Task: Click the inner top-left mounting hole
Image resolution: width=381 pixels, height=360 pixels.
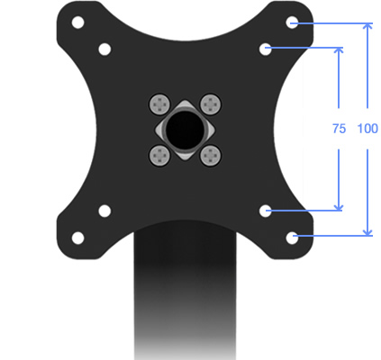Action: point(104,49)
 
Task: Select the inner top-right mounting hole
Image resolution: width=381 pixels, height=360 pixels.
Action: point(266,49)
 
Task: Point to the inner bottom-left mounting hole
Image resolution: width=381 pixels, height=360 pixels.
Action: point(104,211)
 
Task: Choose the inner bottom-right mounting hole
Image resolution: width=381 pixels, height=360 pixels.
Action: point(266,211)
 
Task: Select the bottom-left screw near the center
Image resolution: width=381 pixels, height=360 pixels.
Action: point(160,155)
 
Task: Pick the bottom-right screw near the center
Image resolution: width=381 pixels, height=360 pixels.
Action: point(211,155)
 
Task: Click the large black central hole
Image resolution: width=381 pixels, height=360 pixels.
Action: point(186,130)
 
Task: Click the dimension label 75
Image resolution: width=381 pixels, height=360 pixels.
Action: point(339,129)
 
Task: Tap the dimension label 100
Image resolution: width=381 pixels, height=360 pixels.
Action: point(367,129)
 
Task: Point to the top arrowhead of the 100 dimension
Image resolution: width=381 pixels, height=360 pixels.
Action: point(367,27)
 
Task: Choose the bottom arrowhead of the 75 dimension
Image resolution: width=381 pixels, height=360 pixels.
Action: point(339,206)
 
